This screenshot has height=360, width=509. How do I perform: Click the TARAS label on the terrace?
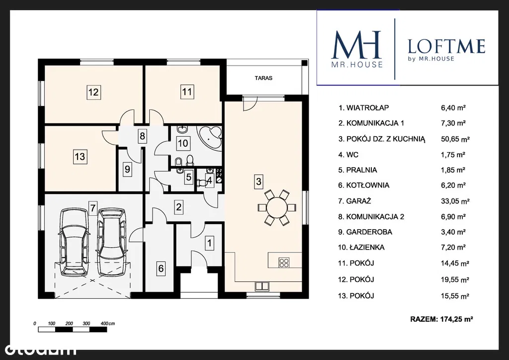[x=263, y=78]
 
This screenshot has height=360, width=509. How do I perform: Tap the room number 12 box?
[x=93, y=92]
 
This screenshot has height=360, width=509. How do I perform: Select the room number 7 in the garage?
[x=93, y=207]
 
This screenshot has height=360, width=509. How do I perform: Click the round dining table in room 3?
[x=277, y=207]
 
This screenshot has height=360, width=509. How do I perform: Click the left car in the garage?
[x=74, y=242]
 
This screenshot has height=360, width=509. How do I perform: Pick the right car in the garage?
[x=111, y=242]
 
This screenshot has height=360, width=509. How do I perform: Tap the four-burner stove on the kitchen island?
[x=284, y=262]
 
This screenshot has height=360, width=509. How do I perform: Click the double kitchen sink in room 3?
[x=261, y=286]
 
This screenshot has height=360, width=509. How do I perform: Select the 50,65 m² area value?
[x=455, y=139]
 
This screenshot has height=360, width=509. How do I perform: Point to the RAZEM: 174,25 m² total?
[x=441, y=319]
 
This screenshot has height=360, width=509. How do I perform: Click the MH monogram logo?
[x=357, y=45]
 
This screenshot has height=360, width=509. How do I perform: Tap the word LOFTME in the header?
[x=446, y=46]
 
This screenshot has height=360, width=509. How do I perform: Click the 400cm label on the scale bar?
[x=108, y=323]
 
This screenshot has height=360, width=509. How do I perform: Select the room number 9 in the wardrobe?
[x=127, y=169]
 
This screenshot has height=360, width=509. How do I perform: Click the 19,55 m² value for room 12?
[x=455, y=279]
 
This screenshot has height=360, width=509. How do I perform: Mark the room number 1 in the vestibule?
[x=209, y=243]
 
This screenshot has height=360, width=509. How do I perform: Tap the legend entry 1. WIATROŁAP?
[x=363, y=108]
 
